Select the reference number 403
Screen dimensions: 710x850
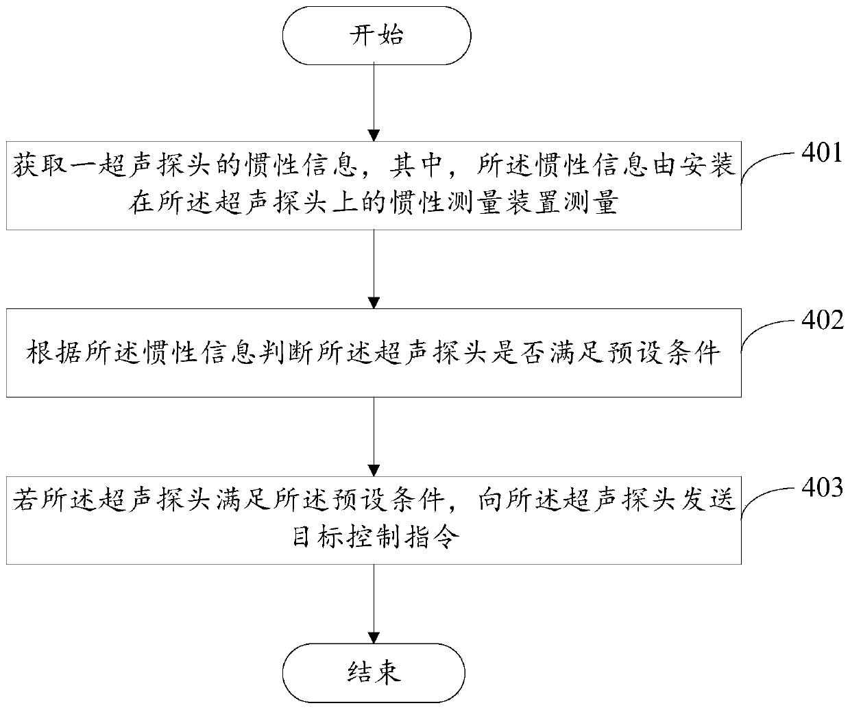(x=822, y=489)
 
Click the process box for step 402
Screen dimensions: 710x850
(x=374, y=353)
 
